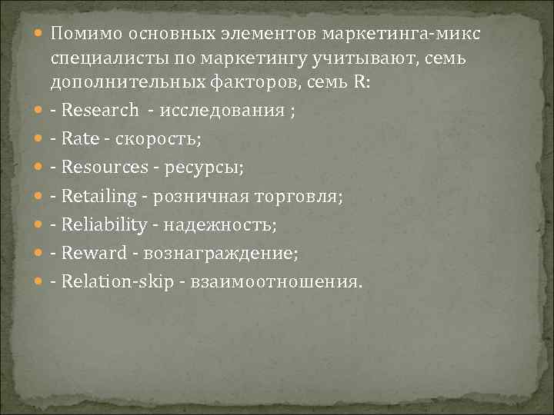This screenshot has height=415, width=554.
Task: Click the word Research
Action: [x=100, y=109]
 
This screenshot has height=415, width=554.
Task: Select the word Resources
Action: [x=104, y=167]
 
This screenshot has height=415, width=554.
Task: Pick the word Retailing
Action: [x=98, y=196]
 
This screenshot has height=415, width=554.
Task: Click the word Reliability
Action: [x=104, y=224]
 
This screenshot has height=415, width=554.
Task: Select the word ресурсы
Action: [x=202, y=167]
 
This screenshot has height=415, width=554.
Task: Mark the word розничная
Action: [x=202, y=196]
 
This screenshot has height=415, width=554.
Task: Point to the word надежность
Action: [x=218, y=224]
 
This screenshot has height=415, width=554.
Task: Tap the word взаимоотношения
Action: [x=270, y=281]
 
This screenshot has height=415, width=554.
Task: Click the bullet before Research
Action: [x=40, y=110]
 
